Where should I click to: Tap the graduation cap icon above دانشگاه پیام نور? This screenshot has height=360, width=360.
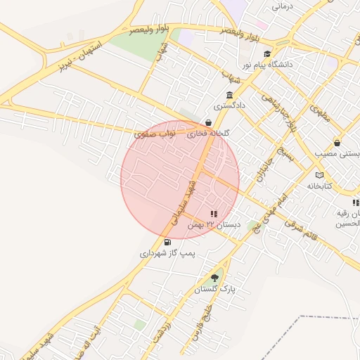point(266,53)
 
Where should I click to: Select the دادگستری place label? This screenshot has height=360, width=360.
point(231,105)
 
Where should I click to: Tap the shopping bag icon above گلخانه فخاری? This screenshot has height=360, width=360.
point(208,122)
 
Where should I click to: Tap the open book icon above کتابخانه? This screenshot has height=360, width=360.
point(320,175)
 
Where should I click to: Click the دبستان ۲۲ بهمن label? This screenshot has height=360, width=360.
point(214,225)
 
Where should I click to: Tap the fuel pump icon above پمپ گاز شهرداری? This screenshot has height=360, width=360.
point(167,242)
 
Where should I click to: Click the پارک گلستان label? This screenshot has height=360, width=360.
point(215,289)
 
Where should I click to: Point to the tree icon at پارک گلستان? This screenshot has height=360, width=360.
point(214,278)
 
